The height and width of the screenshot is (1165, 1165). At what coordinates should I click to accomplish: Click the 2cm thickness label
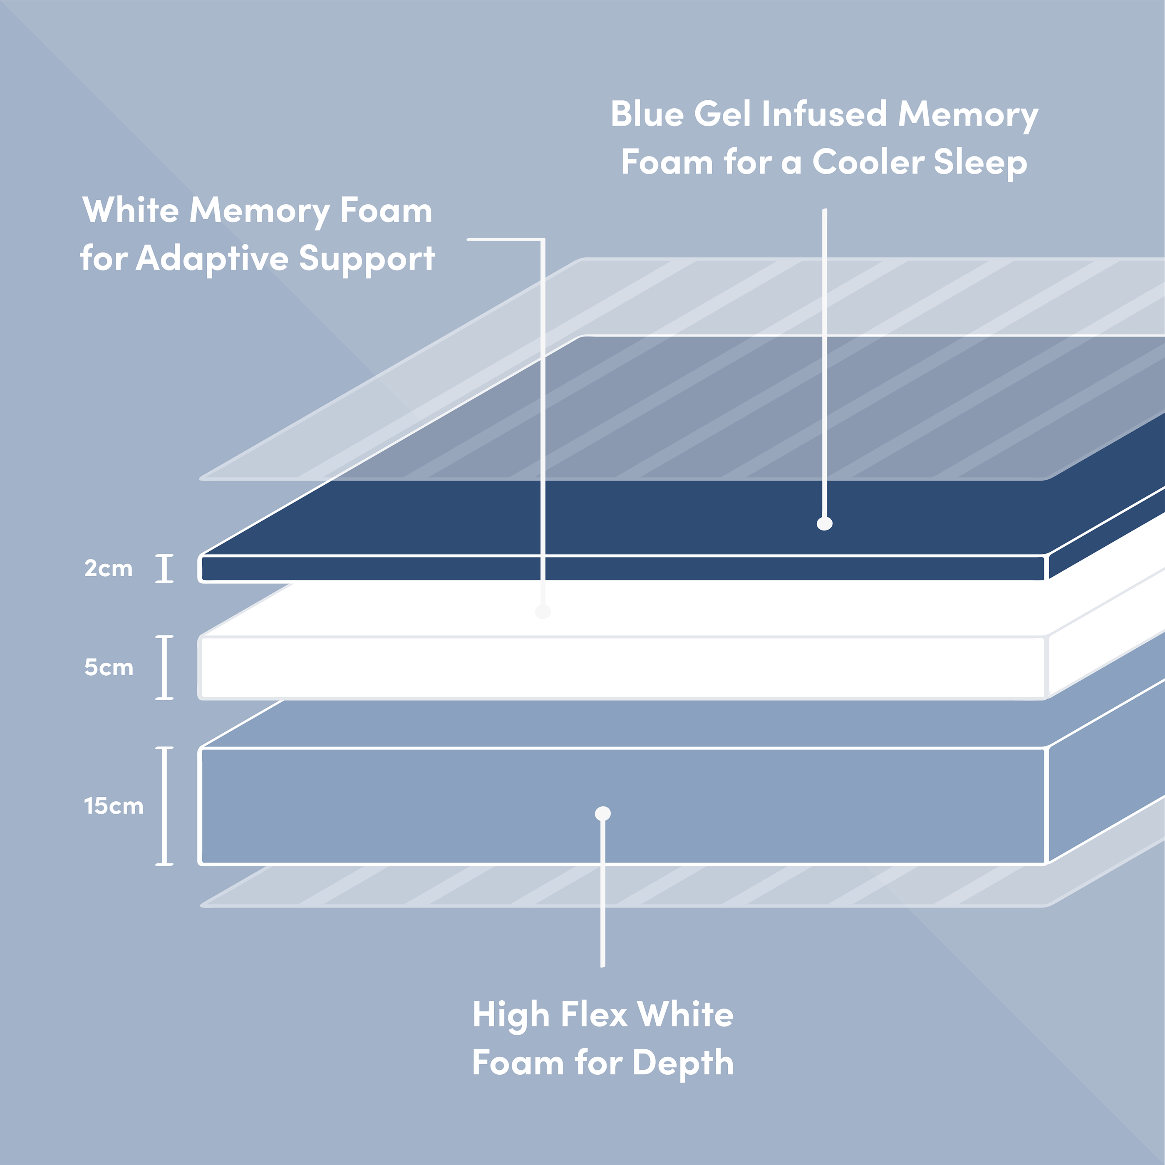tap(109, 569)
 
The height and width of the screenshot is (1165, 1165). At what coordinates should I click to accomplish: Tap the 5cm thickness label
tap(109, 667)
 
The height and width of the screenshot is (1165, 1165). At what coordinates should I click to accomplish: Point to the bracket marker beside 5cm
tap(165, 667)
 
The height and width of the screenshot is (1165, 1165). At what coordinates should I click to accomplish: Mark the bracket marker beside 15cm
tap(165, 806)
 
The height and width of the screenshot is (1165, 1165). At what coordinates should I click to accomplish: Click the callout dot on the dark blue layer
tap(824, 523)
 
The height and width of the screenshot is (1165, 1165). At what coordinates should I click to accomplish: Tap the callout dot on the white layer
tap(543, 612)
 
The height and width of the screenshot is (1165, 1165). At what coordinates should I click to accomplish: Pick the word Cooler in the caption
tap(869, 162)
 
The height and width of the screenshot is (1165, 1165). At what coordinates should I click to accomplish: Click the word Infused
tap(824, 114)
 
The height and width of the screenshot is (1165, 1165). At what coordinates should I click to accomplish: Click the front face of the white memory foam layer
tap(623, 667)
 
